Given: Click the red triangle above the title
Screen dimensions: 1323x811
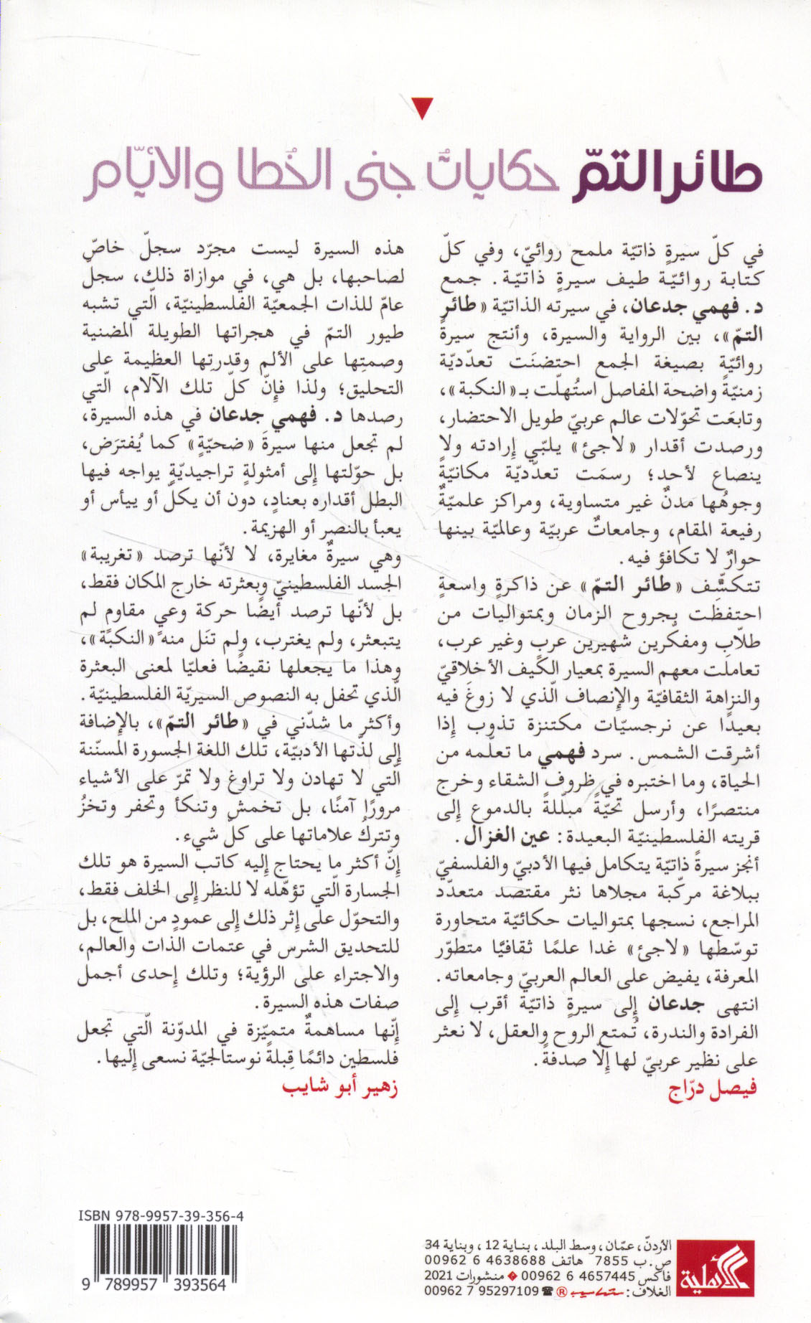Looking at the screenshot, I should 423,108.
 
